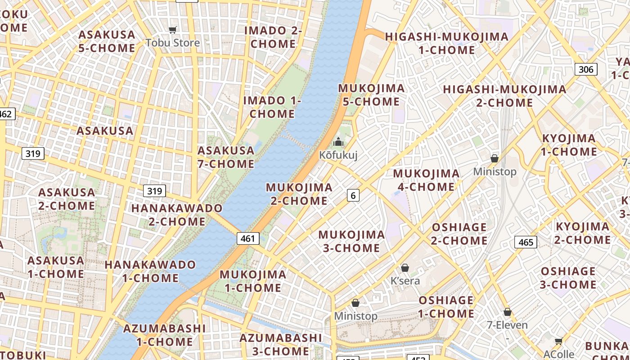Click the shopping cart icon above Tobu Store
coord(172,30)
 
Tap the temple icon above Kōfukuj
coord(338,142)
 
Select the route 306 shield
coord(585,69)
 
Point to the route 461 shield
coord(248,238)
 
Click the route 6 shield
coord(353,195)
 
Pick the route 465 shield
coord(526,243)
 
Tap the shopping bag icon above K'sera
coord(405,268)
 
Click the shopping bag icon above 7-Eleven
coord(508,312)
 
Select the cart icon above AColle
coord(558,341)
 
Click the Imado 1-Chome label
coord(272,107)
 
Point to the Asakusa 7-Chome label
coord(226,157)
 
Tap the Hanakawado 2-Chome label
coord(177,215)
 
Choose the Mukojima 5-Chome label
coord(371,95)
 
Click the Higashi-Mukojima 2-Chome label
coord(504,96)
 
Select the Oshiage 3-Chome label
coord(568,278)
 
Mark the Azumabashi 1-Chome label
coord(164,335)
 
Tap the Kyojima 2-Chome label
coord(582,233)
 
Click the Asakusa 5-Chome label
coord(107,41)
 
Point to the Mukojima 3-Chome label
coord(351,241)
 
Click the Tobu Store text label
coord(172,43)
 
